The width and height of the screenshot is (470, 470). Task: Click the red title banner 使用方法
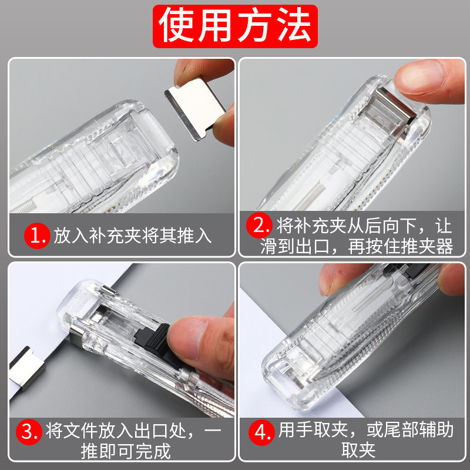(x=235, y=26)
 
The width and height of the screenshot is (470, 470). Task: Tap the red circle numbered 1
(x=37, y=236)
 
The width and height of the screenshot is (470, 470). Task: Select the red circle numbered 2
(x=259, y=225)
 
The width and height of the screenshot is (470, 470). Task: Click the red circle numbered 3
(x=29, y=432)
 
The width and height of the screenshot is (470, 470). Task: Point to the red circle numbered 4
(x=261, y=432)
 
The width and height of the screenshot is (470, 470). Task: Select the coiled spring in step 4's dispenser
(x=372, y=295)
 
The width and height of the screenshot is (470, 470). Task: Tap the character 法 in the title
(x=294, y=25)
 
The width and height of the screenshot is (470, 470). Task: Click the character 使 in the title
(x=176, y=25)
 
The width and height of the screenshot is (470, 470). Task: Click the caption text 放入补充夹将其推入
(x=133, y=236)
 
